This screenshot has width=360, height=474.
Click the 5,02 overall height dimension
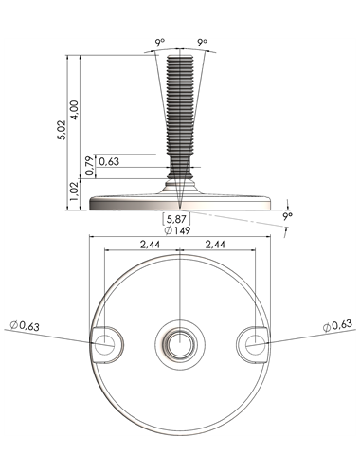[62, 130]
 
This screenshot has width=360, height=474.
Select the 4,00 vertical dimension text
[75, 110]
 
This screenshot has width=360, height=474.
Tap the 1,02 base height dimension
[74, 191]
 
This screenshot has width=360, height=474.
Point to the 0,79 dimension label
[90, 166]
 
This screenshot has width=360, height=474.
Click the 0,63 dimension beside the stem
[109, 161]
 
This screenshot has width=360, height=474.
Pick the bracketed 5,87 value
[176, 219]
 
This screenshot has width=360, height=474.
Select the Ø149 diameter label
[178, 230]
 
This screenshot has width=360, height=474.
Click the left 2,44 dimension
[150, 245]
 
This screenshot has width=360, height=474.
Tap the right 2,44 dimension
[215, 245]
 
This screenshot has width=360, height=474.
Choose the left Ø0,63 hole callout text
[25, 325]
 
